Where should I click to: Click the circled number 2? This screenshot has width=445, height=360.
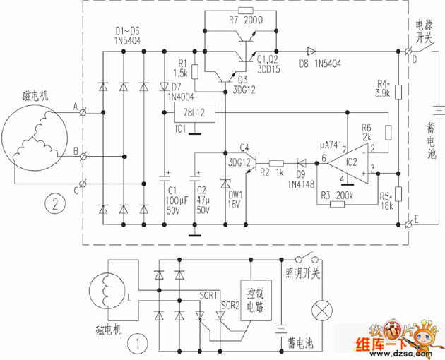tap(51, 205)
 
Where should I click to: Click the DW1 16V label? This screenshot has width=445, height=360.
tap(235, 198)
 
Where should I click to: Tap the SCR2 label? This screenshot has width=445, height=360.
tap(231, 305)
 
